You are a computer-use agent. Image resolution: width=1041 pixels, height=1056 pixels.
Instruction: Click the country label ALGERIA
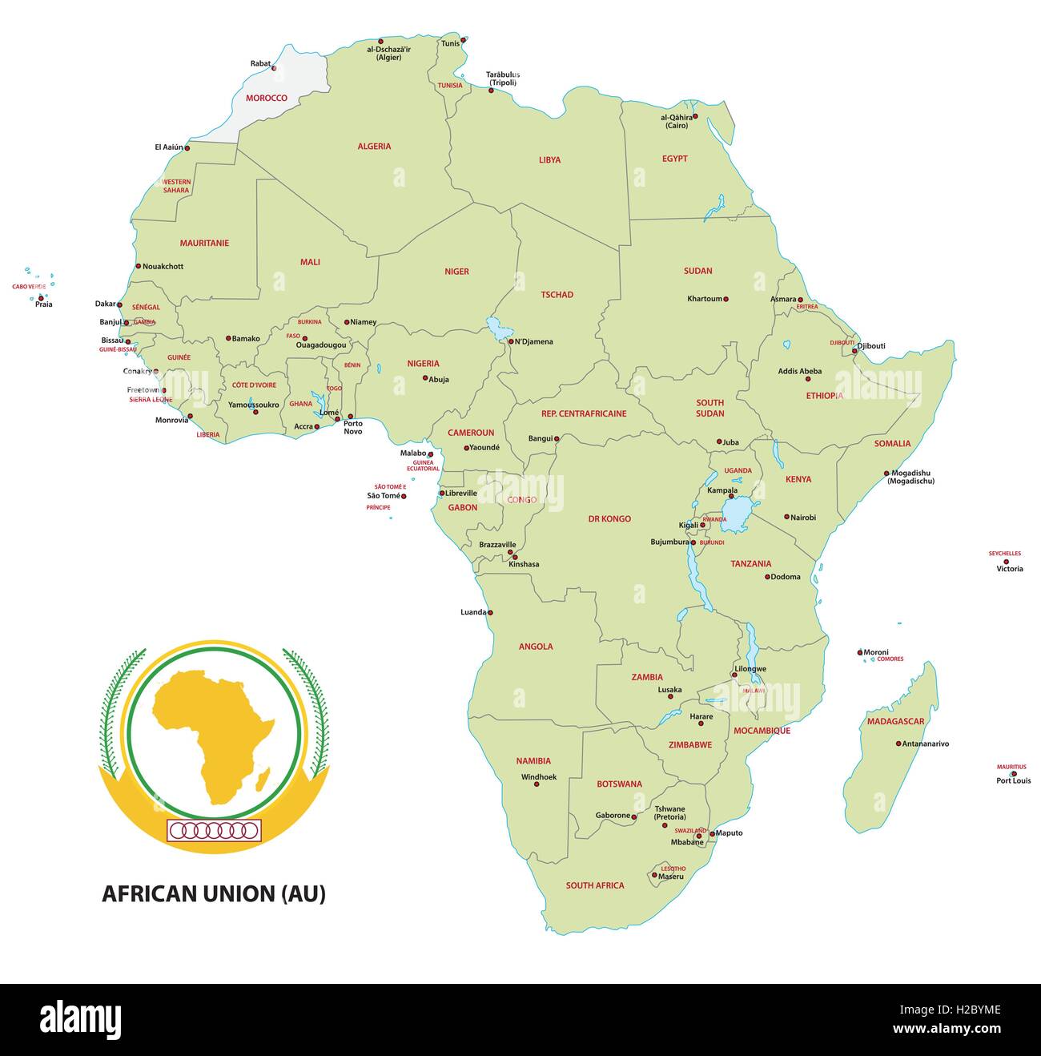[374, 147]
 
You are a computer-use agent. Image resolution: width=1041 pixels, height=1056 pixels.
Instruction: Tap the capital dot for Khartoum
[726, 299]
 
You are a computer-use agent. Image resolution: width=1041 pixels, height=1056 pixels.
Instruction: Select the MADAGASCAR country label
[895, 722]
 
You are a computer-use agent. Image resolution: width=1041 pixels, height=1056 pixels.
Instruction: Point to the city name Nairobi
[803, 518]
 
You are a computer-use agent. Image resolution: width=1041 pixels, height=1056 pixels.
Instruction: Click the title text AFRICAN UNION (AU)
[214, 894]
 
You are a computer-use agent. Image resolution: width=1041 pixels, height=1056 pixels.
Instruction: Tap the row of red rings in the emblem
[214, 831]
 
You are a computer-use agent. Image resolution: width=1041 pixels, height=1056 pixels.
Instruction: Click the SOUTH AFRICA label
[594, 885]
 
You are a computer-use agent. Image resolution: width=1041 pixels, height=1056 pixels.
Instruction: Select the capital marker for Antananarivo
[898, 744]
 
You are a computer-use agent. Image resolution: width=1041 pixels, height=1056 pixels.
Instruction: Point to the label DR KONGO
[609, 519]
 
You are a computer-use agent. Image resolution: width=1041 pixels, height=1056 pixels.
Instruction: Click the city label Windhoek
[538, 777]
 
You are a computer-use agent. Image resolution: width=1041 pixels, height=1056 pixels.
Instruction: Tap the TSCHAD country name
[557, 295]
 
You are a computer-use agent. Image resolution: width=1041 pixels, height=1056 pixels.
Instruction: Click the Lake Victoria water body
[735, 514]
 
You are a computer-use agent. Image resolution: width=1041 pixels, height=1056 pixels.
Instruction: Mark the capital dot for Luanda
[491, 613]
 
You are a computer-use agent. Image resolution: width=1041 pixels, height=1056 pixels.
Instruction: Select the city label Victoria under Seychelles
[1009, 569]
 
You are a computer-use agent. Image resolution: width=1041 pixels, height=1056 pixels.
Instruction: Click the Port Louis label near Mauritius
[1013, 780]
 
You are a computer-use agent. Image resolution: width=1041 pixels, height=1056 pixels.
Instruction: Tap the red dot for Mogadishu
[886, 474]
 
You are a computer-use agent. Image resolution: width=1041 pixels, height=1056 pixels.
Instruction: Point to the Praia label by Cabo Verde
[44, 304]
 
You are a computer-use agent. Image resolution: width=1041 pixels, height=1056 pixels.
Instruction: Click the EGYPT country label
[674, 159]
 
